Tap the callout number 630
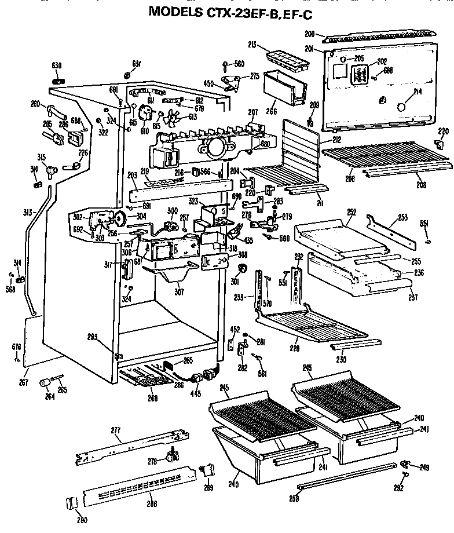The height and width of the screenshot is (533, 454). pyautogui.click(x=57, y=65)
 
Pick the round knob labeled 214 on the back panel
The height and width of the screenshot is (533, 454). pyautogui.click(x=399, y=107)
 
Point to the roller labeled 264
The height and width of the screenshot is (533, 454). pyautogui.click(x=43, y=384)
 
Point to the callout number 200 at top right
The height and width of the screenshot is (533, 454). pyautogui.click(x=309, y=34)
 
